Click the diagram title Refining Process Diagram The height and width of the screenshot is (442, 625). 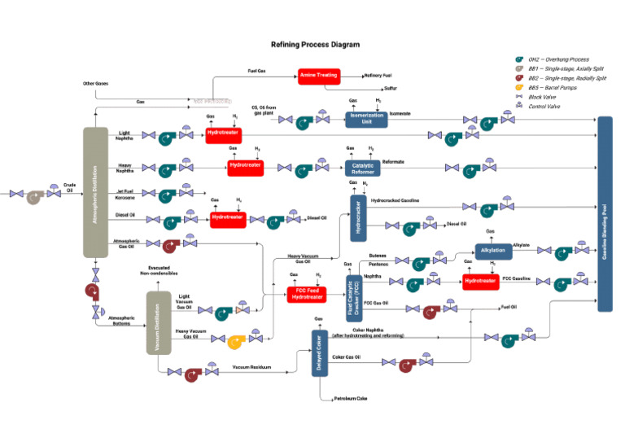(x=315, y=45)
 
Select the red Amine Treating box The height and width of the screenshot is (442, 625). (x=318, y=75)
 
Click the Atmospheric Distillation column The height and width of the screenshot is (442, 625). (x=96, y=192)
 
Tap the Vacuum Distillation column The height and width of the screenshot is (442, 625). (x=158, y=322)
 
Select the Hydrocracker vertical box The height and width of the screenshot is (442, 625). (x=359, y=217)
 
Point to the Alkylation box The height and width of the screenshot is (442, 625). (x=493, y=251)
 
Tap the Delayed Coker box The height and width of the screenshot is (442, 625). (x=320, y=352)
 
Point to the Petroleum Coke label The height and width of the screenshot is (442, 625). (x=351, y=399)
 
